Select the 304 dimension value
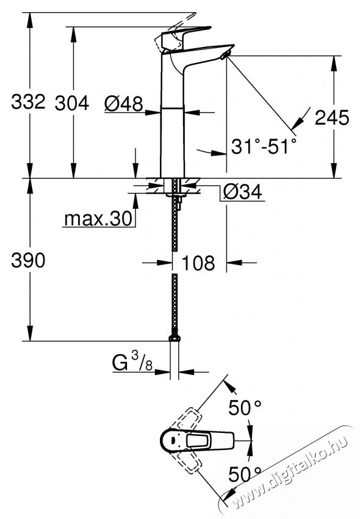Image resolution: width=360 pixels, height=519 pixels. click(x=72, y=103)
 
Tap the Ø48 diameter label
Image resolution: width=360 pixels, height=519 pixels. click(x=123, y=105)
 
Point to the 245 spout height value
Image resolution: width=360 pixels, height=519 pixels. click(x=333, y=118)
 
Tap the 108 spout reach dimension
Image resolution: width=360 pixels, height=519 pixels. click(x=198, y=263)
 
